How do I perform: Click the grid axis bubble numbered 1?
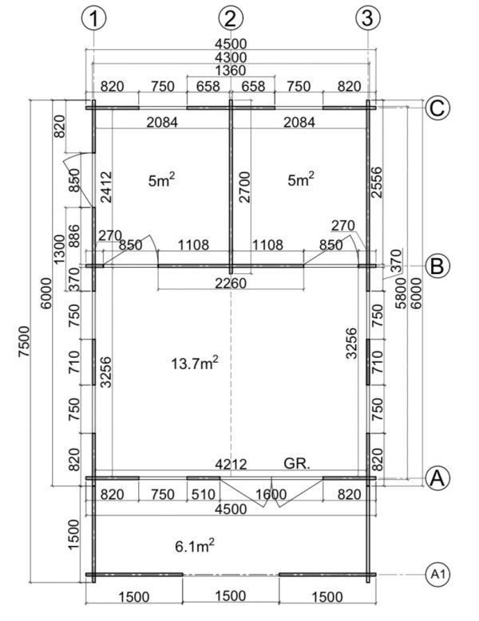click(93, 18)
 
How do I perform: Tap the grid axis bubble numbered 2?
click(231, 18)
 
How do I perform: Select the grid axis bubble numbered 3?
click(368, 18)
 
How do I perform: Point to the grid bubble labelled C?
click(437, 108)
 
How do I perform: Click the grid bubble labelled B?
click(437, 265)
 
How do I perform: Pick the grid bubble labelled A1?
click(437, 574)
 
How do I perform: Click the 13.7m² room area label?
click(194, 363)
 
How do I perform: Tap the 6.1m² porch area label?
click(194, 546)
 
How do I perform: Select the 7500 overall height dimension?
click(24, 341)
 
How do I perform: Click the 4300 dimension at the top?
click(231, 57)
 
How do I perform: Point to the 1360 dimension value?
click(231, 70)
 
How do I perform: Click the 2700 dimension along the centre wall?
click(244, 187)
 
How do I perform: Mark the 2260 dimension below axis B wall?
click(231, 283)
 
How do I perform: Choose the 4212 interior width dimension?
click(231, 464)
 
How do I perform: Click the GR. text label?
click(297, 463)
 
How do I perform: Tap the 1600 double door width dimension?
click(271, 494)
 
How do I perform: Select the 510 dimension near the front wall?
click(203, 494)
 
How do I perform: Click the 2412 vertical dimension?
click(106, 187)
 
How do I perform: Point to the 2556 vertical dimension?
click(376, 183)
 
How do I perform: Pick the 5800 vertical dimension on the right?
click(401, 293)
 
